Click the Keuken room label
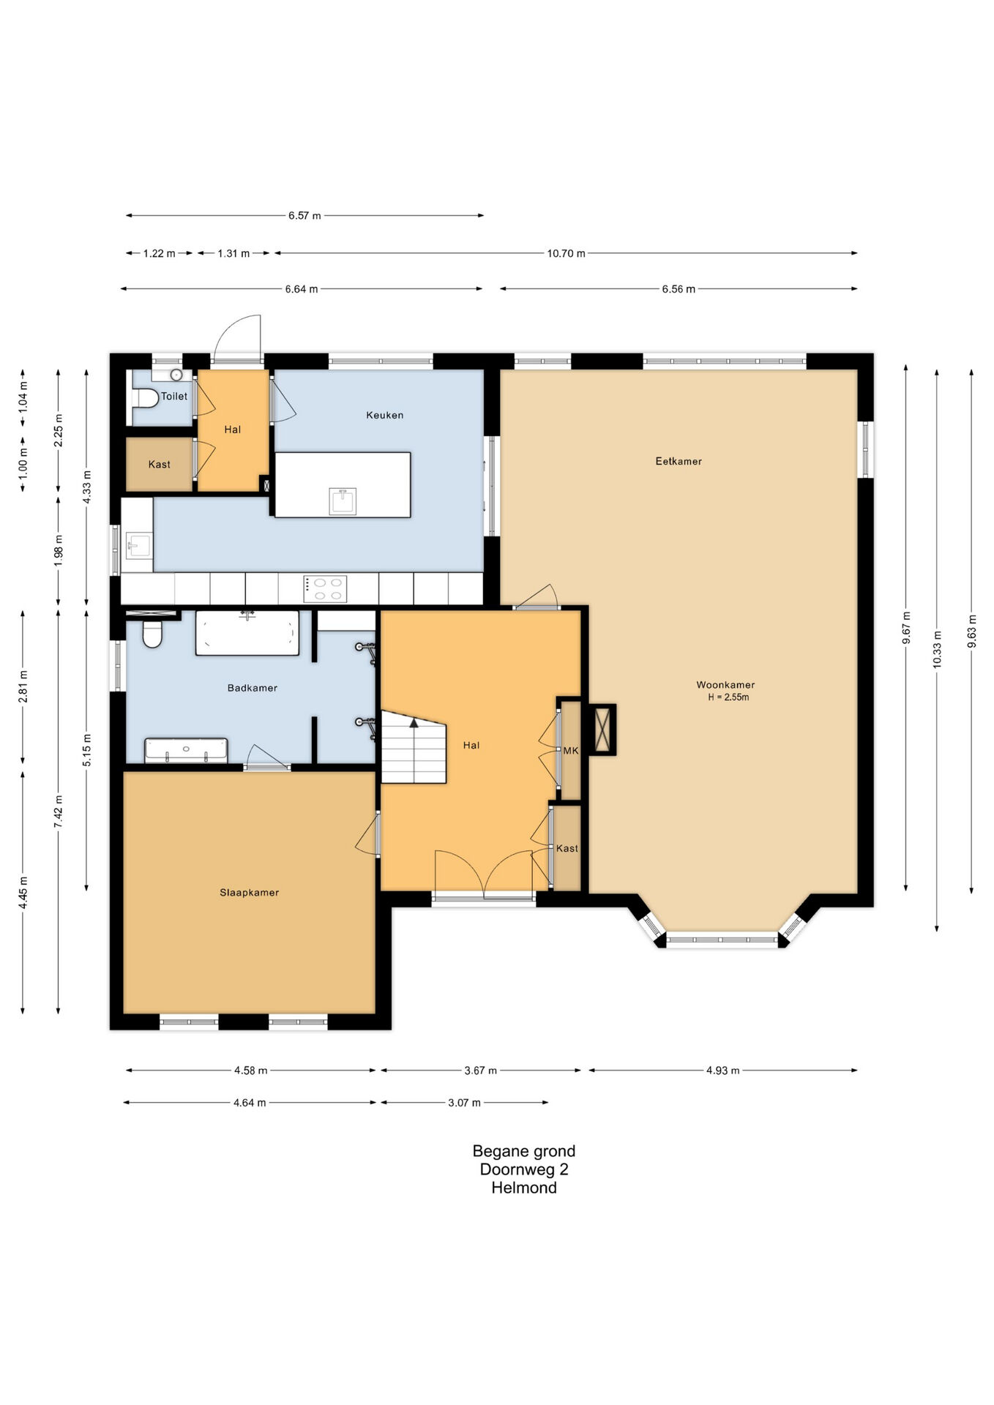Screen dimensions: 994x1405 point(384,415)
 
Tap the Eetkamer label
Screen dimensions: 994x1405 point(679,461)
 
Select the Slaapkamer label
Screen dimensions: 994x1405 point(250,893)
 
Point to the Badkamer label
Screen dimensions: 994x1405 point(253,688)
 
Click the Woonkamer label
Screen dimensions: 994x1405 point(725,685)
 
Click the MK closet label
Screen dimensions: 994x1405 point(571,751)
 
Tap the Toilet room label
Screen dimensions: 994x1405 point(174,396)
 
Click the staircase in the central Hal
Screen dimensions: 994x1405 point(414,747)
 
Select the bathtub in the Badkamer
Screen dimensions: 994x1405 point(247,633)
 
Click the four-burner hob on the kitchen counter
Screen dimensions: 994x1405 point(326,589)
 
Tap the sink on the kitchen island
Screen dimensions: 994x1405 point(343,501)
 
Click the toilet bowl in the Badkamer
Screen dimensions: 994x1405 point(152,634)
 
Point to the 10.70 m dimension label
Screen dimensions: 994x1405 point(566,253)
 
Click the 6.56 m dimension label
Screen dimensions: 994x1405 point(679,289)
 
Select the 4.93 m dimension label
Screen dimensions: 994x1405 point(723,1071)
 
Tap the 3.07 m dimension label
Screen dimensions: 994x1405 point(465,1103)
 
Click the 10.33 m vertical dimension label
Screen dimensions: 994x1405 point(938,650)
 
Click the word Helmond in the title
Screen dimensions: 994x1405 point(524,1188)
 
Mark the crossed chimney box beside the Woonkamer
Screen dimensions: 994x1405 point(603,730)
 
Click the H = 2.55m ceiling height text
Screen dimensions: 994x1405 point(728,697)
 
